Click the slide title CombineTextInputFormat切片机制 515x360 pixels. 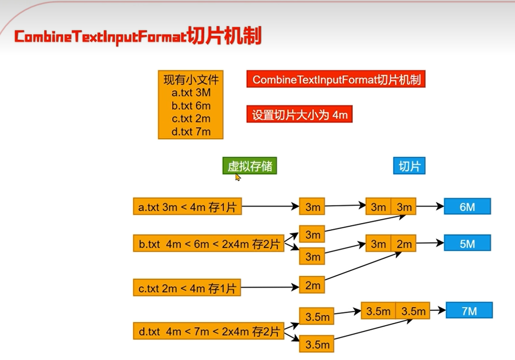[138, 37]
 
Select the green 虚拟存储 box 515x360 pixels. [250, 166]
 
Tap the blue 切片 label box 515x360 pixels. [409, 166]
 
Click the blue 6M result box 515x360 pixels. [467, 207]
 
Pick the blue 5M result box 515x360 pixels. [467, 243]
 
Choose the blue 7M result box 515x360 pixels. [469, 311]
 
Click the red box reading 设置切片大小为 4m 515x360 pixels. [299, 115]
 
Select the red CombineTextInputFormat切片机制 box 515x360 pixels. [336, 80]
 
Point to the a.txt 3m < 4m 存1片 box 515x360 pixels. [187, 207]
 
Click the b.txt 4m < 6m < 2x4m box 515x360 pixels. [208, 244]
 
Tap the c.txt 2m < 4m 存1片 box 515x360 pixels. [187, 289]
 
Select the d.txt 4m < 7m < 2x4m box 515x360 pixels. [208, 332]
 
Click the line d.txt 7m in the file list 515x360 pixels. [191, 131]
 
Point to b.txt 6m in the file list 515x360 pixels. [191, 106]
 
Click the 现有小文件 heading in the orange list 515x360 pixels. [191, 80]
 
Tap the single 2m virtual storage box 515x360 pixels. [312, 285]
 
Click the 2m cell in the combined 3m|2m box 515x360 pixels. [404, 244]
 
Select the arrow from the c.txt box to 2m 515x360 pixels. [269, 287]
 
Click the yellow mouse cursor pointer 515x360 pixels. [238, 177]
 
